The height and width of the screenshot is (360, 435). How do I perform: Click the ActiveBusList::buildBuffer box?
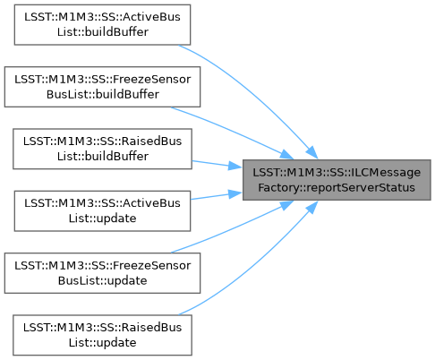[x=102, y=25]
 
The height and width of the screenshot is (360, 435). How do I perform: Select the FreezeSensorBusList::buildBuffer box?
[x=102, y=87]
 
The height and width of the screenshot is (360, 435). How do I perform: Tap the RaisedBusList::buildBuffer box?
[x=102, y=149]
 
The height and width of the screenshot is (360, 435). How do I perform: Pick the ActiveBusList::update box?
[x=102, y=211]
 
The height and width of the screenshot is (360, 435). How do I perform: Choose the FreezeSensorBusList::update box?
[x=102, y=273]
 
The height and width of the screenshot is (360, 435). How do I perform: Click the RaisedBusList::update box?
[x=102, y=335]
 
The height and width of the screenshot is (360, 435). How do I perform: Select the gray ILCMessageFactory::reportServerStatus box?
[x=337, y=180]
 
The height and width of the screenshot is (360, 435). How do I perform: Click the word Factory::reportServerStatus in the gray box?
[x=337, y=188]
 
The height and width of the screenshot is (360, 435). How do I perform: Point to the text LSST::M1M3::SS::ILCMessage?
[x=337, y=173]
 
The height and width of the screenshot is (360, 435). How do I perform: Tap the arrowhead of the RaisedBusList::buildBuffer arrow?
[x=235, y=166]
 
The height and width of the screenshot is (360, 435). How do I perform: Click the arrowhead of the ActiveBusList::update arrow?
[x=235, y=194]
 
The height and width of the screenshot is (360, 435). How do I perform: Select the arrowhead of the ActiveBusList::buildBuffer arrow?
[x=311, y=152]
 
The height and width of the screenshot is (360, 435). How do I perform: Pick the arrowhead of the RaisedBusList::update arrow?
[x=311, y=208]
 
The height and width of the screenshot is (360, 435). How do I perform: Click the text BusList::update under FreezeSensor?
[x=102, y=281]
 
